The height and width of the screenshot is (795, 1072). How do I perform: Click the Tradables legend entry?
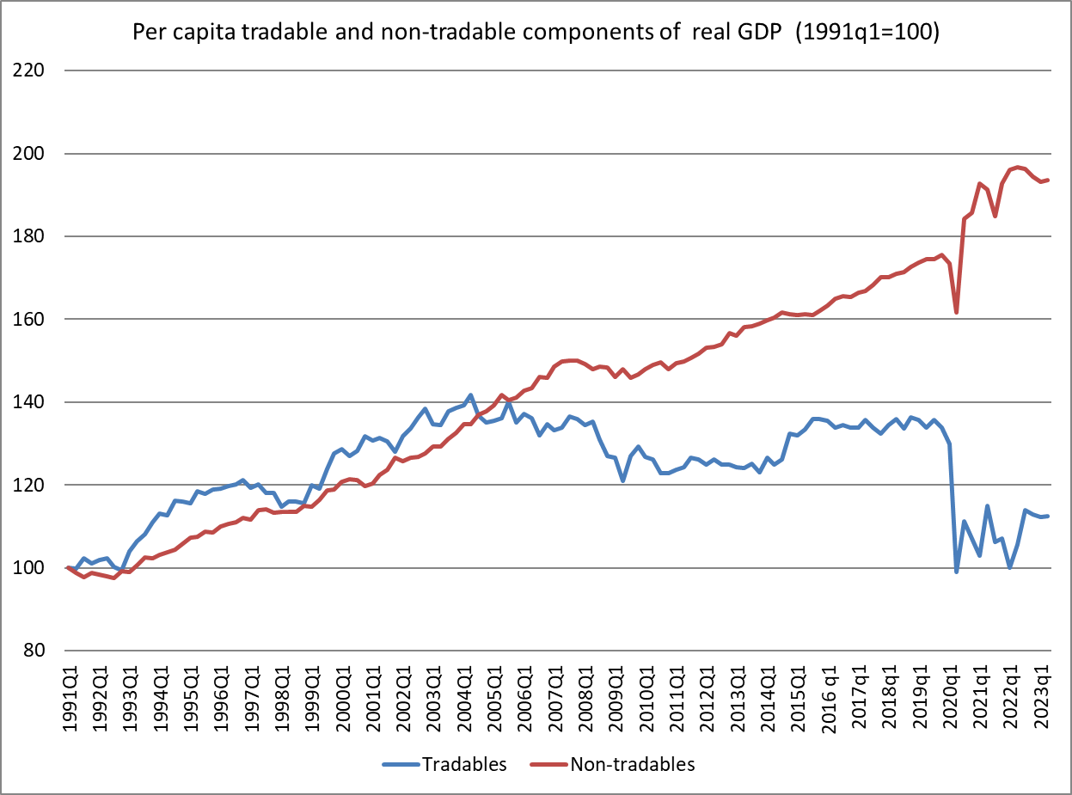tap(465, 763)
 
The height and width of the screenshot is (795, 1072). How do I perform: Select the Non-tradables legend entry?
tap(632, 763)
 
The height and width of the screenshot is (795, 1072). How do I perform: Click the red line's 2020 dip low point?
tap(957, 312)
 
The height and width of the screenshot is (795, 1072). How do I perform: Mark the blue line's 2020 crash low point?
tap(957, 572)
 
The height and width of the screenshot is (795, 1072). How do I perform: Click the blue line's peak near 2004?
tap(471, 395)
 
